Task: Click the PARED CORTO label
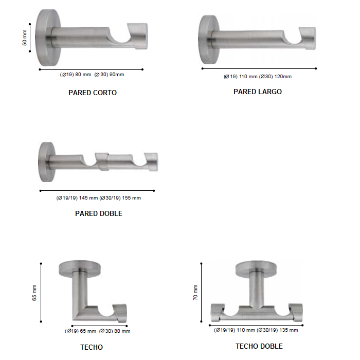(x=93, y=93)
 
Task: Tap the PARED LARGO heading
(x=258, y=92)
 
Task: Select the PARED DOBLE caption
(x=99, y=213)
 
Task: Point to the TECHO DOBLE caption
(x=259, y=346)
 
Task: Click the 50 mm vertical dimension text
(x=25, y=38)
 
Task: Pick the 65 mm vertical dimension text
(x=34, y=293)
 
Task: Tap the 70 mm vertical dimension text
(x=195, y=293)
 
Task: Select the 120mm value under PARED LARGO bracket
(x=283, y=77)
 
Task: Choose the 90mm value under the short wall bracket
(x=117, y=75)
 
